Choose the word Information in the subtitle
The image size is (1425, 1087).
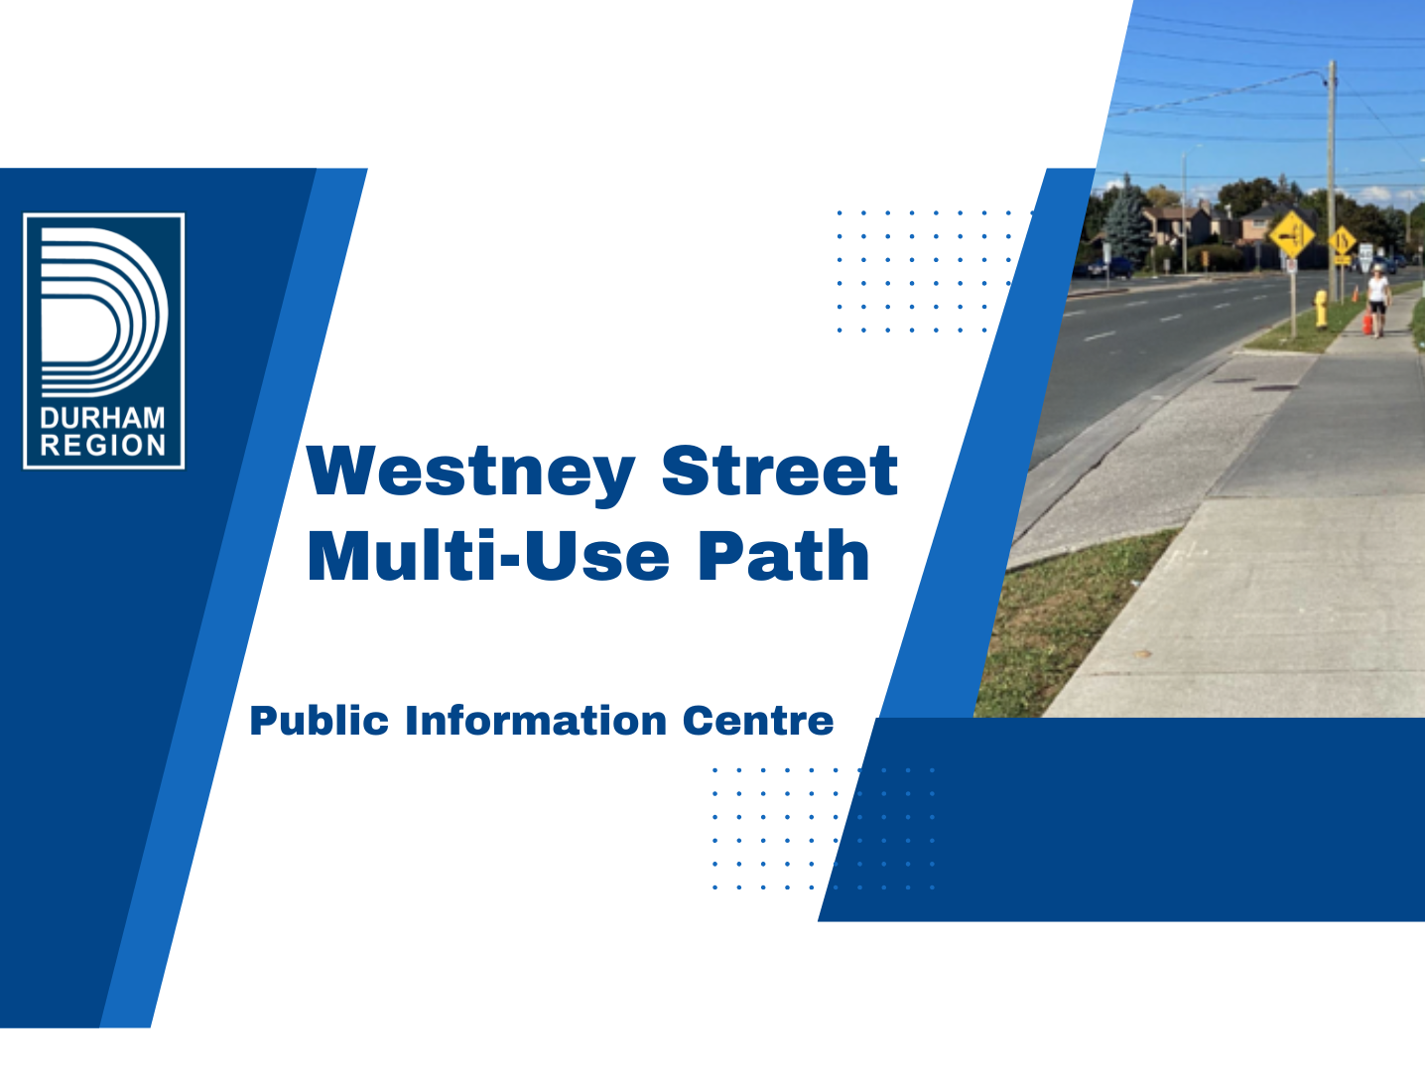[535, 721]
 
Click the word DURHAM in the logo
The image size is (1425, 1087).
[103, 418]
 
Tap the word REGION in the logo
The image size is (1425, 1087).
[103, 446]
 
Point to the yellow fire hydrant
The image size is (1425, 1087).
[1321, 310]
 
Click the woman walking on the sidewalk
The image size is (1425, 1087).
[1378, 297]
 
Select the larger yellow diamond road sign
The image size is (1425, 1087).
[1291, 235]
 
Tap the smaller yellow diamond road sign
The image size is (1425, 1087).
[1343, 240]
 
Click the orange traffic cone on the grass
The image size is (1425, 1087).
[1355, 294]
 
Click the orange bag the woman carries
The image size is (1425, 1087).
[1367, 324]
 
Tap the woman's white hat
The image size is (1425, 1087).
[1378, 267]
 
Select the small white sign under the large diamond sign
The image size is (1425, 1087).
[1291, 266]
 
